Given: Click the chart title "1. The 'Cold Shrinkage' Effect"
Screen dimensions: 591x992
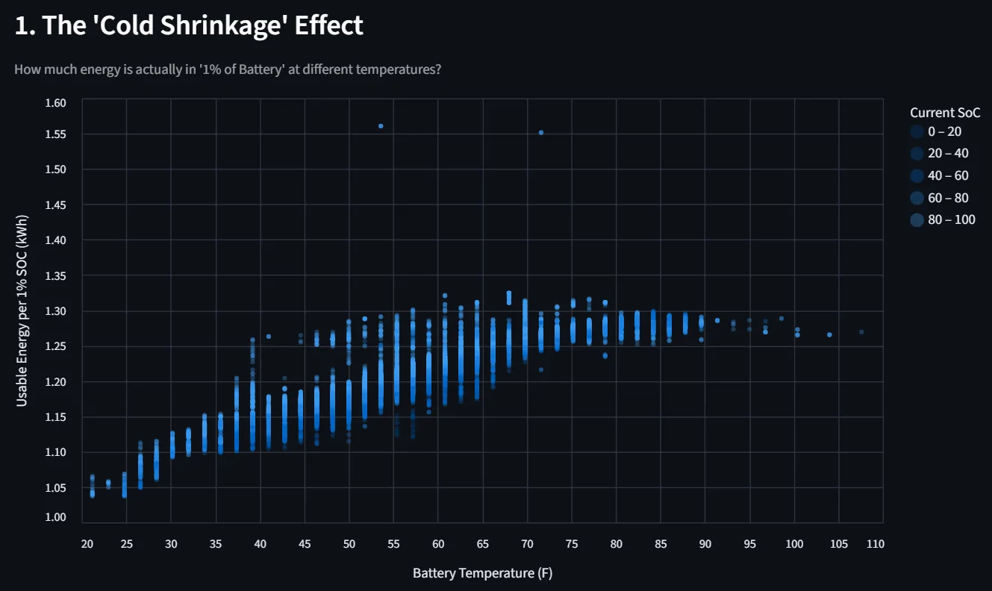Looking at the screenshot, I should tap(189, 25).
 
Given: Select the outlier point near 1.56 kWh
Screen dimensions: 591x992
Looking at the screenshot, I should tap(381, 126).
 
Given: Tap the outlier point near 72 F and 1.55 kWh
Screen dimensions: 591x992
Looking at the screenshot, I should tap(541, 133).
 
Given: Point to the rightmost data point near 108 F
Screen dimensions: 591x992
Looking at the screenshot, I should tap(861, 332).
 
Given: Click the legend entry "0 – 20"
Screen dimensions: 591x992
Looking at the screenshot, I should tap(944, 131).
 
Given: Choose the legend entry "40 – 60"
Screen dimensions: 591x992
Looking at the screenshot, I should tap(947, 175).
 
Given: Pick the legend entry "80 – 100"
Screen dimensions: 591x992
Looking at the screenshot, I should tap(951, 219).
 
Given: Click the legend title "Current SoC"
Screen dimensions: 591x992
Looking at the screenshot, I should tap(944, 113).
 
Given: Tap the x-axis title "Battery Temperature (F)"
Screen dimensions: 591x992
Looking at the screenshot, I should tap(483, 573).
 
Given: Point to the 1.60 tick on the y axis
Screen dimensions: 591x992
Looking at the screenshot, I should tap(56, 102).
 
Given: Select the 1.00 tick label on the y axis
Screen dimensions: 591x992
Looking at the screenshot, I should tap(56, 517).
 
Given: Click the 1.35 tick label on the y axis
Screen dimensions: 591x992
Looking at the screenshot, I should tap(56, 276).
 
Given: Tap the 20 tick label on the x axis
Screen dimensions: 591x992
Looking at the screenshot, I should tap(87, 544).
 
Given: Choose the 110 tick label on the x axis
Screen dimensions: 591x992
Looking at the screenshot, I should tap(875, 544).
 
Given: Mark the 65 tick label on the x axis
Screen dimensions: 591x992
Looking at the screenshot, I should tap(482, 544).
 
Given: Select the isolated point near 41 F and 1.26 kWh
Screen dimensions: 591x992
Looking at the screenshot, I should tap(269, 337).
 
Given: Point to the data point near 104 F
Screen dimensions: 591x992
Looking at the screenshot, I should tap(829, 334).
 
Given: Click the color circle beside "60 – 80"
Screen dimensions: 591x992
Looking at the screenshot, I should tap(917, 198).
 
